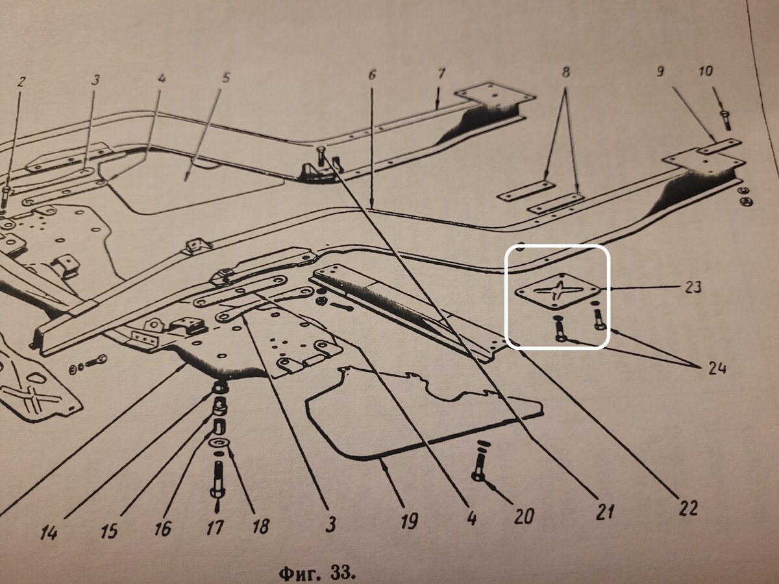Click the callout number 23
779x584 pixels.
click(x=692, y=287)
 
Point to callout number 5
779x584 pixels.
click(x=225, y=79)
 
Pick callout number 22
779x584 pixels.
click(x=688, y=507)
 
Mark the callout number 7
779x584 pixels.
click(x=441, y=73)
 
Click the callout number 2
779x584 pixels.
click(x=22, y=82)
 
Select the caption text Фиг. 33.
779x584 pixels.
click(x=317, y=573)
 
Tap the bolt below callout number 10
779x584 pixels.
click(x=725, y=119)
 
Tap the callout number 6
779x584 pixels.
click(x=372, y=75)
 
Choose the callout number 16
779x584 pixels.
click(x=162, y=529)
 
